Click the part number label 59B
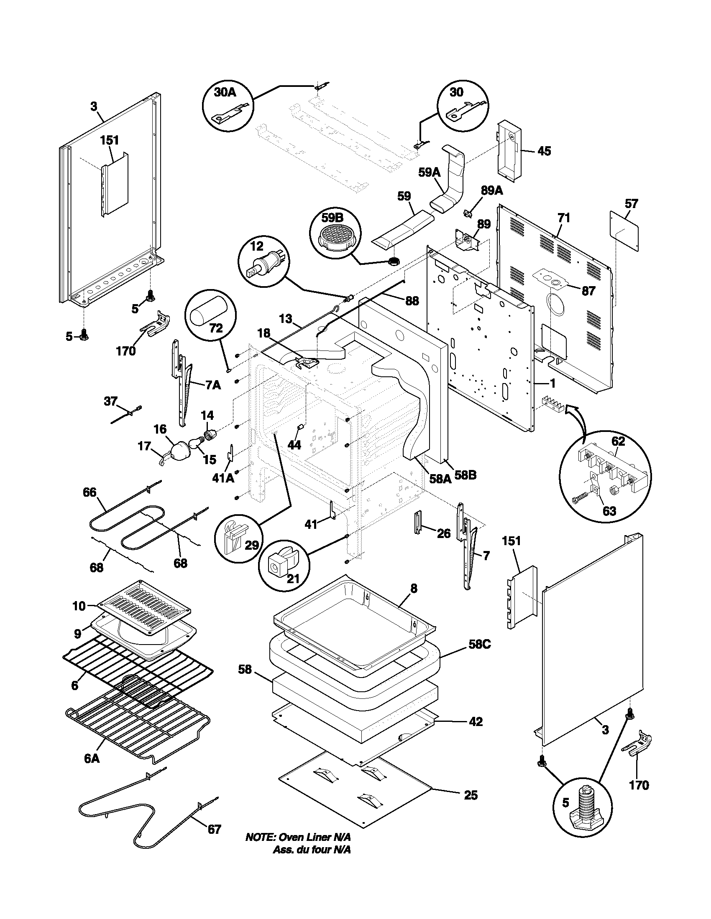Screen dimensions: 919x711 point(332,218)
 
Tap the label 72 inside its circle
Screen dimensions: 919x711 point(216,328)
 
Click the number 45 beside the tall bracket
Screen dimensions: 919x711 point(544,151)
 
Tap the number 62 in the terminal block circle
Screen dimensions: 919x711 point(618,442)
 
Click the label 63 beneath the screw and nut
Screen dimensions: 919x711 point(609,511)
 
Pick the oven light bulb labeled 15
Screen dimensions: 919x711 point(195,442)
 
